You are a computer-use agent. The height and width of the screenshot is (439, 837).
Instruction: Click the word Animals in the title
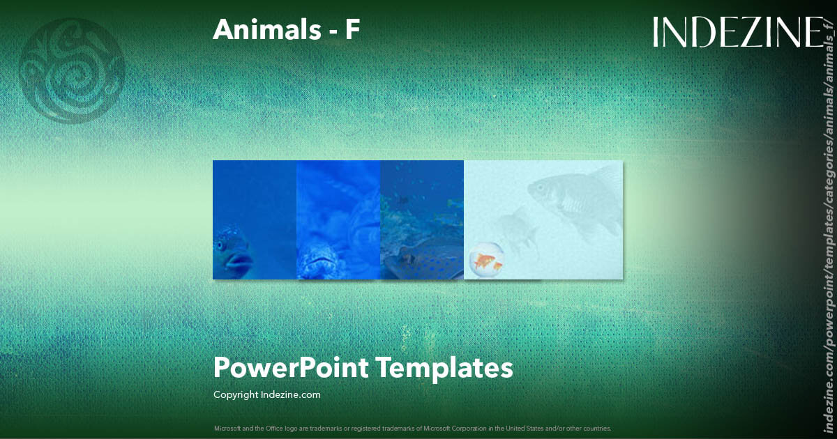(263, 29)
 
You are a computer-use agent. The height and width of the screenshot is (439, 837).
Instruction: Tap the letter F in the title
(352, 29)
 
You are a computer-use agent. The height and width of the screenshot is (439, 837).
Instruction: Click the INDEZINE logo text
(737, 33)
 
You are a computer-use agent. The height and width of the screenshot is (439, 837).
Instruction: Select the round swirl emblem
(73, 70)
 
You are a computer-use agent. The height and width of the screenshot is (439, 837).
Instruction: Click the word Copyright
(236, 394)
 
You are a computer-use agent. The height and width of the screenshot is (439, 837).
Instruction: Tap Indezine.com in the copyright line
(290, 394)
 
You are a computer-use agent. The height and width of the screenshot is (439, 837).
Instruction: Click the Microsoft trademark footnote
(412, 428)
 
